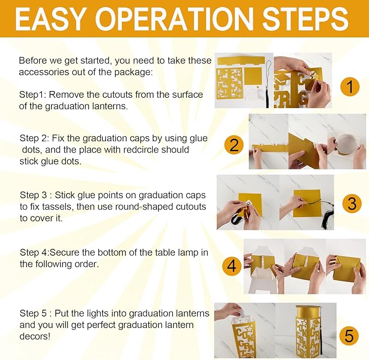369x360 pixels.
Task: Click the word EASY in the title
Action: coord(49,18)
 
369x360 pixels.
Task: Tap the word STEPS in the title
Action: coord(305,18)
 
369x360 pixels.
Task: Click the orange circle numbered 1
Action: coord(350,86)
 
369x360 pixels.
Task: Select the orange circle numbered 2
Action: coord(234,145)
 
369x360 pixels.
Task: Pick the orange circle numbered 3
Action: coord(352,204)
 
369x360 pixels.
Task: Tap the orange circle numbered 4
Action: coord(232,266)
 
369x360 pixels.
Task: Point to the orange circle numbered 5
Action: coord(349,336)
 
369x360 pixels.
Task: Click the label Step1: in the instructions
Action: coord(33,95)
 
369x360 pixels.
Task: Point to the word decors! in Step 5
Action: coord(35,336)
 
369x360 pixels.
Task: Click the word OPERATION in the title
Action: coord(173,18)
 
